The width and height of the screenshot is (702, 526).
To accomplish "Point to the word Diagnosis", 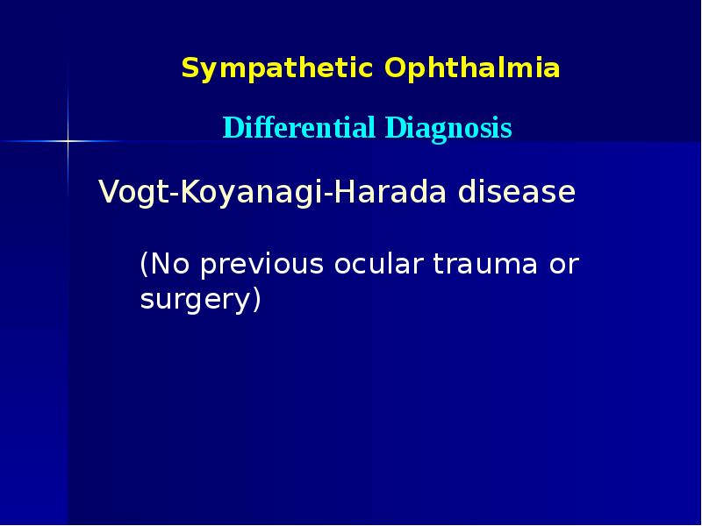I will click(448, 129).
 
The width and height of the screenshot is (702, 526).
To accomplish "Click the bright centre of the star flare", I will click(68, 140).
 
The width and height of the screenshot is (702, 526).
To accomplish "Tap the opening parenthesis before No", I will click(145, 265).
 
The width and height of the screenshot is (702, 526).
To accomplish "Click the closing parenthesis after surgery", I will click(256, 301).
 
